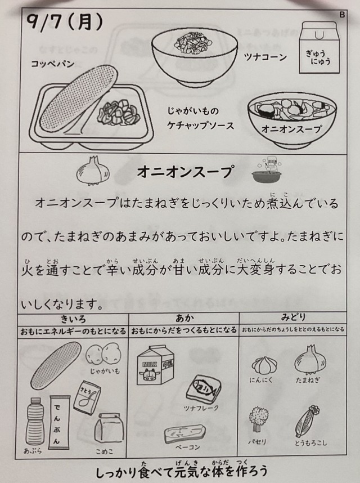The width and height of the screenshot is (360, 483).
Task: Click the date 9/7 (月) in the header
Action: click(x=64, y=22)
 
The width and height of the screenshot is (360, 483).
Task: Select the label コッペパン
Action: click(x=53, y=64)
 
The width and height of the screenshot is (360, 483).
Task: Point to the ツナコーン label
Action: click(x=265, y=57)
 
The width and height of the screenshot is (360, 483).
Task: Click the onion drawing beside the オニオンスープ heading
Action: click(x=93, y=171)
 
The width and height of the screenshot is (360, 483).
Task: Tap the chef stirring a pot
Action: click(x=267, y=171)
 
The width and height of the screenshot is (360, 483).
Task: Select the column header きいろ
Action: click(x=73, y=319)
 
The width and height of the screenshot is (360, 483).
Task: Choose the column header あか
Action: click(x=184, y=318)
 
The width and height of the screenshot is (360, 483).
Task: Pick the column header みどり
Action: click(x=293, y=317)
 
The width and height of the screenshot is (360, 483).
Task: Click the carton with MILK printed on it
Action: click(x=155, y=365)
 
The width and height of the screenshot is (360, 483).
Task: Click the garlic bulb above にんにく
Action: click(x=264, y=365)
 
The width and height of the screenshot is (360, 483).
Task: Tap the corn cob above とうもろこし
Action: click(x=308, y=421)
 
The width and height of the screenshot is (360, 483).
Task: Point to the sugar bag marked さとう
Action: click(x=87, y=397)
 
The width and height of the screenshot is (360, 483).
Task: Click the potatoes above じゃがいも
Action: click(x=103, y=354)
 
